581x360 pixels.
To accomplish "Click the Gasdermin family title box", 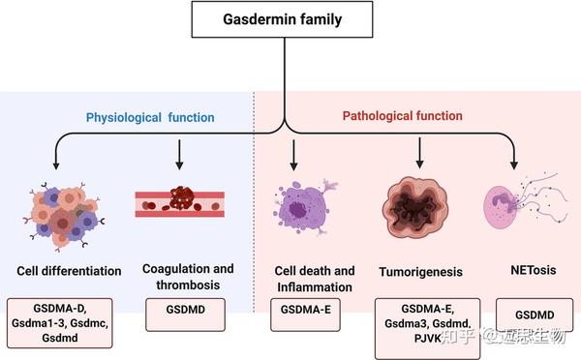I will pyautogui.click(x=283, y=19).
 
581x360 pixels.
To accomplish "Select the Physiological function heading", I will pyautogui.click(x=150, y=117).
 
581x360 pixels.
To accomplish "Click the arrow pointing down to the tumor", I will pyautogui.click(x=419, y=152).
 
